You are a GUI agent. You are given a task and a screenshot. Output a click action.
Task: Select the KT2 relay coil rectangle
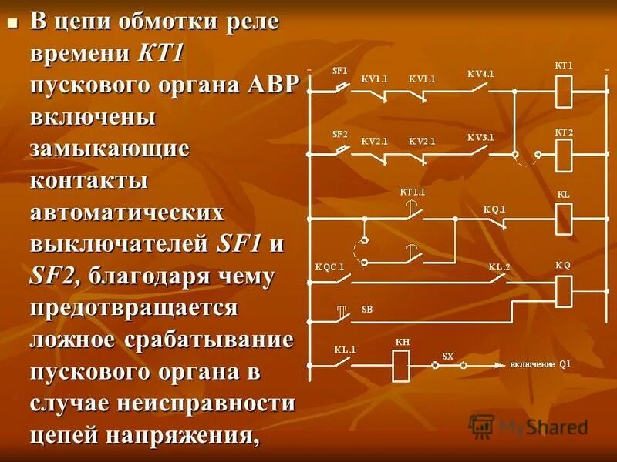click(x=564, y=155)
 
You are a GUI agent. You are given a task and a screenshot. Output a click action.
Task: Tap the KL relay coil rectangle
click(x=564, y=219)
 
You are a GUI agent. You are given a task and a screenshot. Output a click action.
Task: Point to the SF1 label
click(x=339, y=70)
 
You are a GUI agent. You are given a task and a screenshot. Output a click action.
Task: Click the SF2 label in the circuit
click(x=339, y=134)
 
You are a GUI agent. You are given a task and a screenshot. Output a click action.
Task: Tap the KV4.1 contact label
click(x=480, y=74)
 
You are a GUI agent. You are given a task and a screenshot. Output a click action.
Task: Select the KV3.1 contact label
click(x=480, y=137)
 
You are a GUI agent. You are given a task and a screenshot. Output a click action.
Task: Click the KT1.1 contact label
click(x=413, y=191)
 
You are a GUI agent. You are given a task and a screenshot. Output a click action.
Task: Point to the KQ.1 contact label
click(x=494, y=209)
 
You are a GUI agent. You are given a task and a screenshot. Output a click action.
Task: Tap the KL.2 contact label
click(x=499, y=267)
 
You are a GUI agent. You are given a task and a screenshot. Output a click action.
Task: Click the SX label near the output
click(x=447, y=356)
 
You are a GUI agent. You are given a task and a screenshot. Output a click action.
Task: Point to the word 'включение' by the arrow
click(x=531, y=363)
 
